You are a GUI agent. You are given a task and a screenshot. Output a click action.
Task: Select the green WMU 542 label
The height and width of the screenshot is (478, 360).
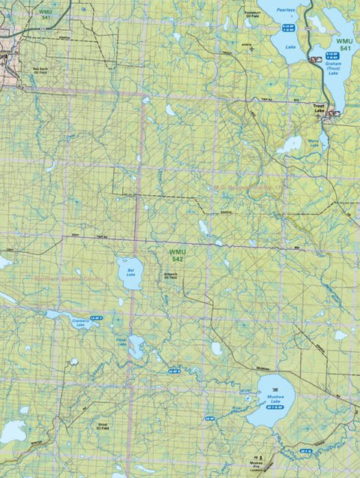[x=176, y=255]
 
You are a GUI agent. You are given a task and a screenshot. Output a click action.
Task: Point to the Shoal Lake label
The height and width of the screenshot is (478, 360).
[x=121, y=338]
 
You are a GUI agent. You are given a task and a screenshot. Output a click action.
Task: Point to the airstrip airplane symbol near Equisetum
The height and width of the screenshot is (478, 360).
[x=253, y=50]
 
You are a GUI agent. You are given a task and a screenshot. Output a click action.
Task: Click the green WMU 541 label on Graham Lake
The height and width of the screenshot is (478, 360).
[x=344, y=44]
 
